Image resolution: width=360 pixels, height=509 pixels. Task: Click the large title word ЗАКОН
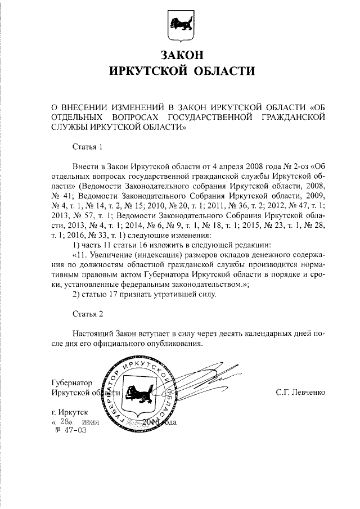pyautogui.click(x=181, y=56)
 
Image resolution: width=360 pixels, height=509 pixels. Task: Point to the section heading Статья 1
pyautogui.click(x=88, y=148)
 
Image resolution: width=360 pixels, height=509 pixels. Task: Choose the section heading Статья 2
pyautogui.click(x=88, y=313)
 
